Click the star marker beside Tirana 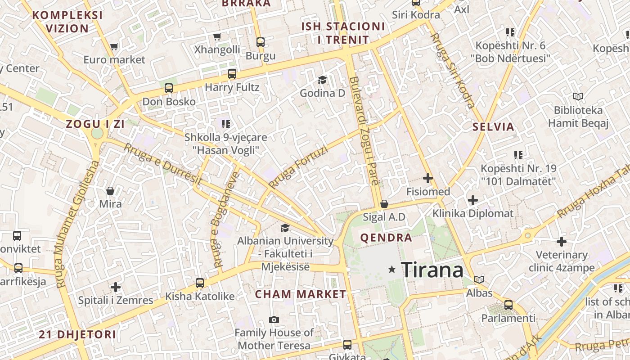pyautogui.click(x=392, y=269)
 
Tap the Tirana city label pyautogui.click(x=432, y=270)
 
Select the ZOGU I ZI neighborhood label pyautogui.click(x=95, y=124)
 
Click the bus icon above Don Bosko pyautogui.click(x=169, y=88)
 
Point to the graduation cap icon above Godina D pyautogui.click(x=322, y=80)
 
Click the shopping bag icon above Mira pyautogui.click(x=110, y=191)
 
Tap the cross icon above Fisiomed pyautogui.click(x=428, y=179)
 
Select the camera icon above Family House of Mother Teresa pyautogui.click(x=274, y=320)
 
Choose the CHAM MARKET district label pyautogui.click(x=301, y=294)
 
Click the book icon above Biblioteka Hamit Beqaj pyautogui.click(x=578, y=96)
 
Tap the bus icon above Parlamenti pyautogui.click(x=508, y=305)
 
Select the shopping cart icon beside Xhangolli pyautogui.click(x=217, y=37)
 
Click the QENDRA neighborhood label pyautogui.click(x=386, y=238)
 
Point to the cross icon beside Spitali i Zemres pyautogui.click(x=116, y=287)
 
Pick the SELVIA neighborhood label pyautogui.click(x=493, y=127)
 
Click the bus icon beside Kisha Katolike pyautogui.click(x=200, y=283)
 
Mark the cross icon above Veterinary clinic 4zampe pyautogui.click(x=562, y=242)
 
